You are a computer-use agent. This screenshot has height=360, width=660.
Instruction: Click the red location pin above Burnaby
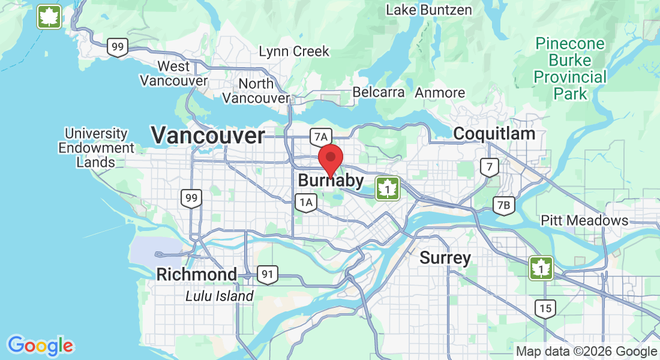(329, 158)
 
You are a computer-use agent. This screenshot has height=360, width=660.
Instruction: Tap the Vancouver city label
(208, 136)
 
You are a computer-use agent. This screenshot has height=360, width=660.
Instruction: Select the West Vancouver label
(173, 73)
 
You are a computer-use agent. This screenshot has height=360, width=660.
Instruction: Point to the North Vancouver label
(256, 91)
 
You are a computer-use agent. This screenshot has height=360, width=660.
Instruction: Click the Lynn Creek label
(294, 52)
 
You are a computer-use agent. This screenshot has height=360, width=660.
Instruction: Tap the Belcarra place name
(379, 92)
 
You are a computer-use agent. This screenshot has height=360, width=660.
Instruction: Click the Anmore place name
(440, 92)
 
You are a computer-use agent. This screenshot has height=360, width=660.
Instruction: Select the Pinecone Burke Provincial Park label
(570, 68)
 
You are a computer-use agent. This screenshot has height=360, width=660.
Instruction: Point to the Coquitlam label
(494, 133)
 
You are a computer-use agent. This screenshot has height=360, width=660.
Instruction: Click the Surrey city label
(445, 258)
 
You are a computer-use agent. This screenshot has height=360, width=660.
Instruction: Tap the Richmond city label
(196, 275)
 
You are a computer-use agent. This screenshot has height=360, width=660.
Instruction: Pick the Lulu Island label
(219, 296)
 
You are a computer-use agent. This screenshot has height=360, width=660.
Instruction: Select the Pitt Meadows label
(584, 220)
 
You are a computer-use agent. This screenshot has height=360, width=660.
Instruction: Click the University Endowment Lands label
(96, 148)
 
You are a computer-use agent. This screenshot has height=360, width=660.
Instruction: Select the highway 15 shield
(545, 308)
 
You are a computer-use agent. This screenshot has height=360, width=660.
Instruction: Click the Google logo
(40, 346)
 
